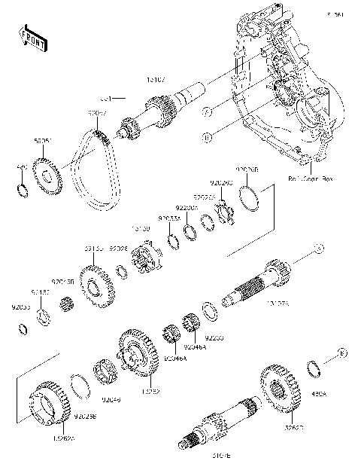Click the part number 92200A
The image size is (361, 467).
click(x=187, y=207)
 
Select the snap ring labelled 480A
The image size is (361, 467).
click(x=317, y=369)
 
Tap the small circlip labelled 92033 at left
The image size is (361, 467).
click(x=23, y=327)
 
